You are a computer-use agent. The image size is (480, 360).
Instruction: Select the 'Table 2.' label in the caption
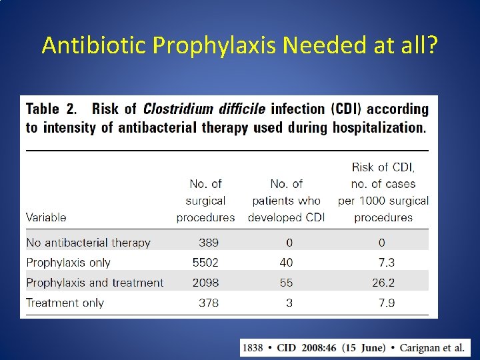coord(52,109)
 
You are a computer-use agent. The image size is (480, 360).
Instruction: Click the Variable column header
coord(46,217)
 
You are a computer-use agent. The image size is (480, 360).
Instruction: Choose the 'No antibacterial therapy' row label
coord(88,243)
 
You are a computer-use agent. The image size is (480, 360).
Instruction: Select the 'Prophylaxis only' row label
coord(68,263)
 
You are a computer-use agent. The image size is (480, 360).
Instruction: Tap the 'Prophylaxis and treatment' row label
coord(95,283)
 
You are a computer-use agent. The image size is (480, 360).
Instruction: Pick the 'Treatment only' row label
coord(65,303)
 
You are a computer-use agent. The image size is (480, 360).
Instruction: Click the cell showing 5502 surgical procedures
coord(205,263)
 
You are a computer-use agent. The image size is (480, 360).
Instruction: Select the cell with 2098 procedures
coord(205,283)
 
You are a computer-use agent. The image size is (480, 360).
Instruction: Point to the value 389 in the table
coord(208,243)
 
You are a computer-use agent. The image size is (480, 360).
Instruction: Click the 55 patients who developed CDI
coord(286,283)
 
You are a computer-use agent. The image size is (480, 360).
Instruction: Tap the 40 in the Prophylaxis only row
coord(286,263)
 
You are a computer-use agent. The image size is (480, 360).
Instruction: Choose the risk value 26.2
coord(383,283)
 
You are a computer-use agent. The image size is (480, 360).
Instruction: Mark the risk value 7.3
coord(386,263)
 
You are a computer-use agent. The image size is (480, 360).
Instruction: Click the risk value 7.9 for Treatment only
coord(386,303)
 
